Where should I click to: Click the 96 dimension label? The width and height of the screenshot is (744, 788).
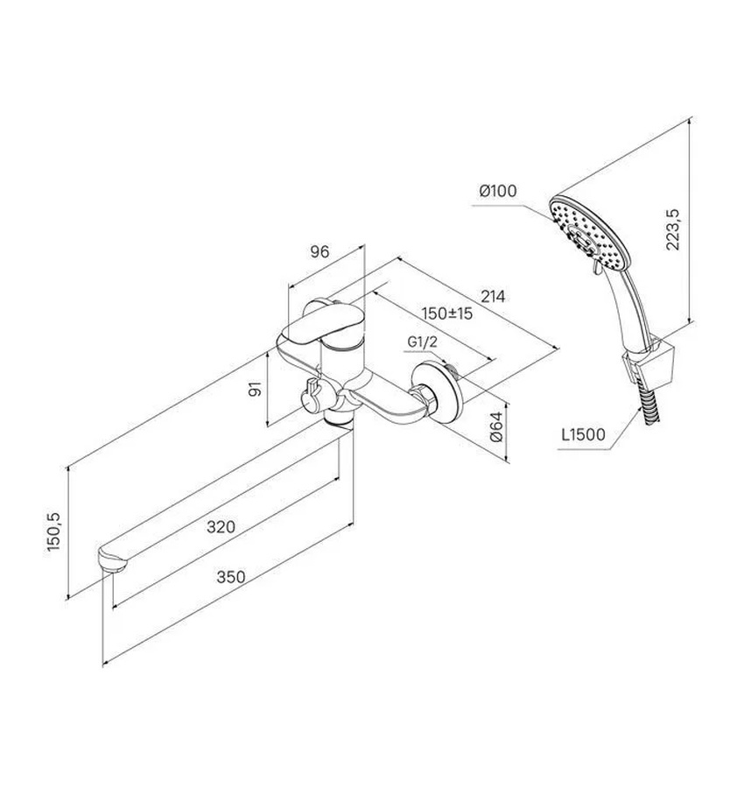click(319, 251)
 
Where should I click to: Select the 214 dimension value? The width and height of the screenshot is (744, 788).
click(493, 297)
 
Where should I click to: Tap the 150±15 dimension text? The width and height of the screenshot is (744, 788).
click(447, 313)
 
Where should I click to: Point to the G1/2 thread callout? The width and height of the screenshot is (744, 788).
click(422, 342)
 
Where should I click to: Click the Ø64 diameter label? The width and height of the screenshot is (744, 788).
click(495, 426)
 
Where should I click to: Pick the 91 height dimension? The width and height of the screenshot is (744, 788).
click(256, 390)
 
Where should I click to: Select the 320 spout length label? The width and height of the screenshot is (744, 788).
click(221, 527)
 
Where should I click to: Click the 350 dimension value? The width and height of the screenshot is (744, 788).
click(231, 576)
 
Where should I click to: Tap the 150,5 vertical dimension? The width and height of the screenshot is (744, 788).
click(53, 531)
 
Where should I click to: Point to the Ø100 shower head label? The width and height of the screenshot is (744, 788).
click(497, 191)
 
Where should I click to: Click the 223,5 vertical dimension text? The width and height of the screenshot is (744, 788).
click(672, 229)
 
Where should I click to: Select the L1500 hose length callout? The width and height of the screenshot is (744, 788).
click(583, 433)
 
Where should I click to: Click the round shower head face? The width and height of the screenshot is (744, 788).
click(589, 233)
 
